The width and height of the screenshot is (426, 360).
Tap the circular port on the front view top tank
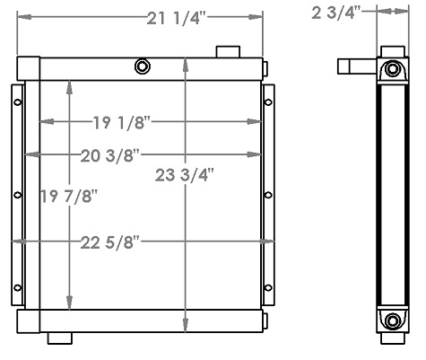tap(142, 66)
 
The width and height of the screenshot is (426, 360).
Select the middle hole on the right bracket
tap(267, 195)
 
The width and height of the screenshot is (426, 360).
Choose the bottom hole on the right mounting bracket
tap(267, 287)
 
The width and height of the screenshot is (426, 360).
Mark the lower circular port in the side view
tap(392, 320)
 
